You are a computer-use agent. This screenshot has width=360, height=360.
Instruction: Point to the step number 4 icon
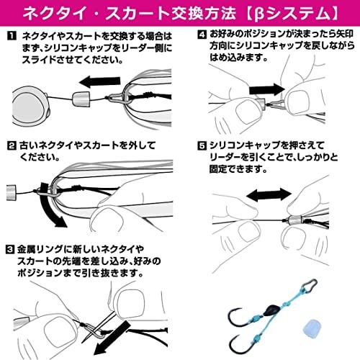click(x=201, y=35)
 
